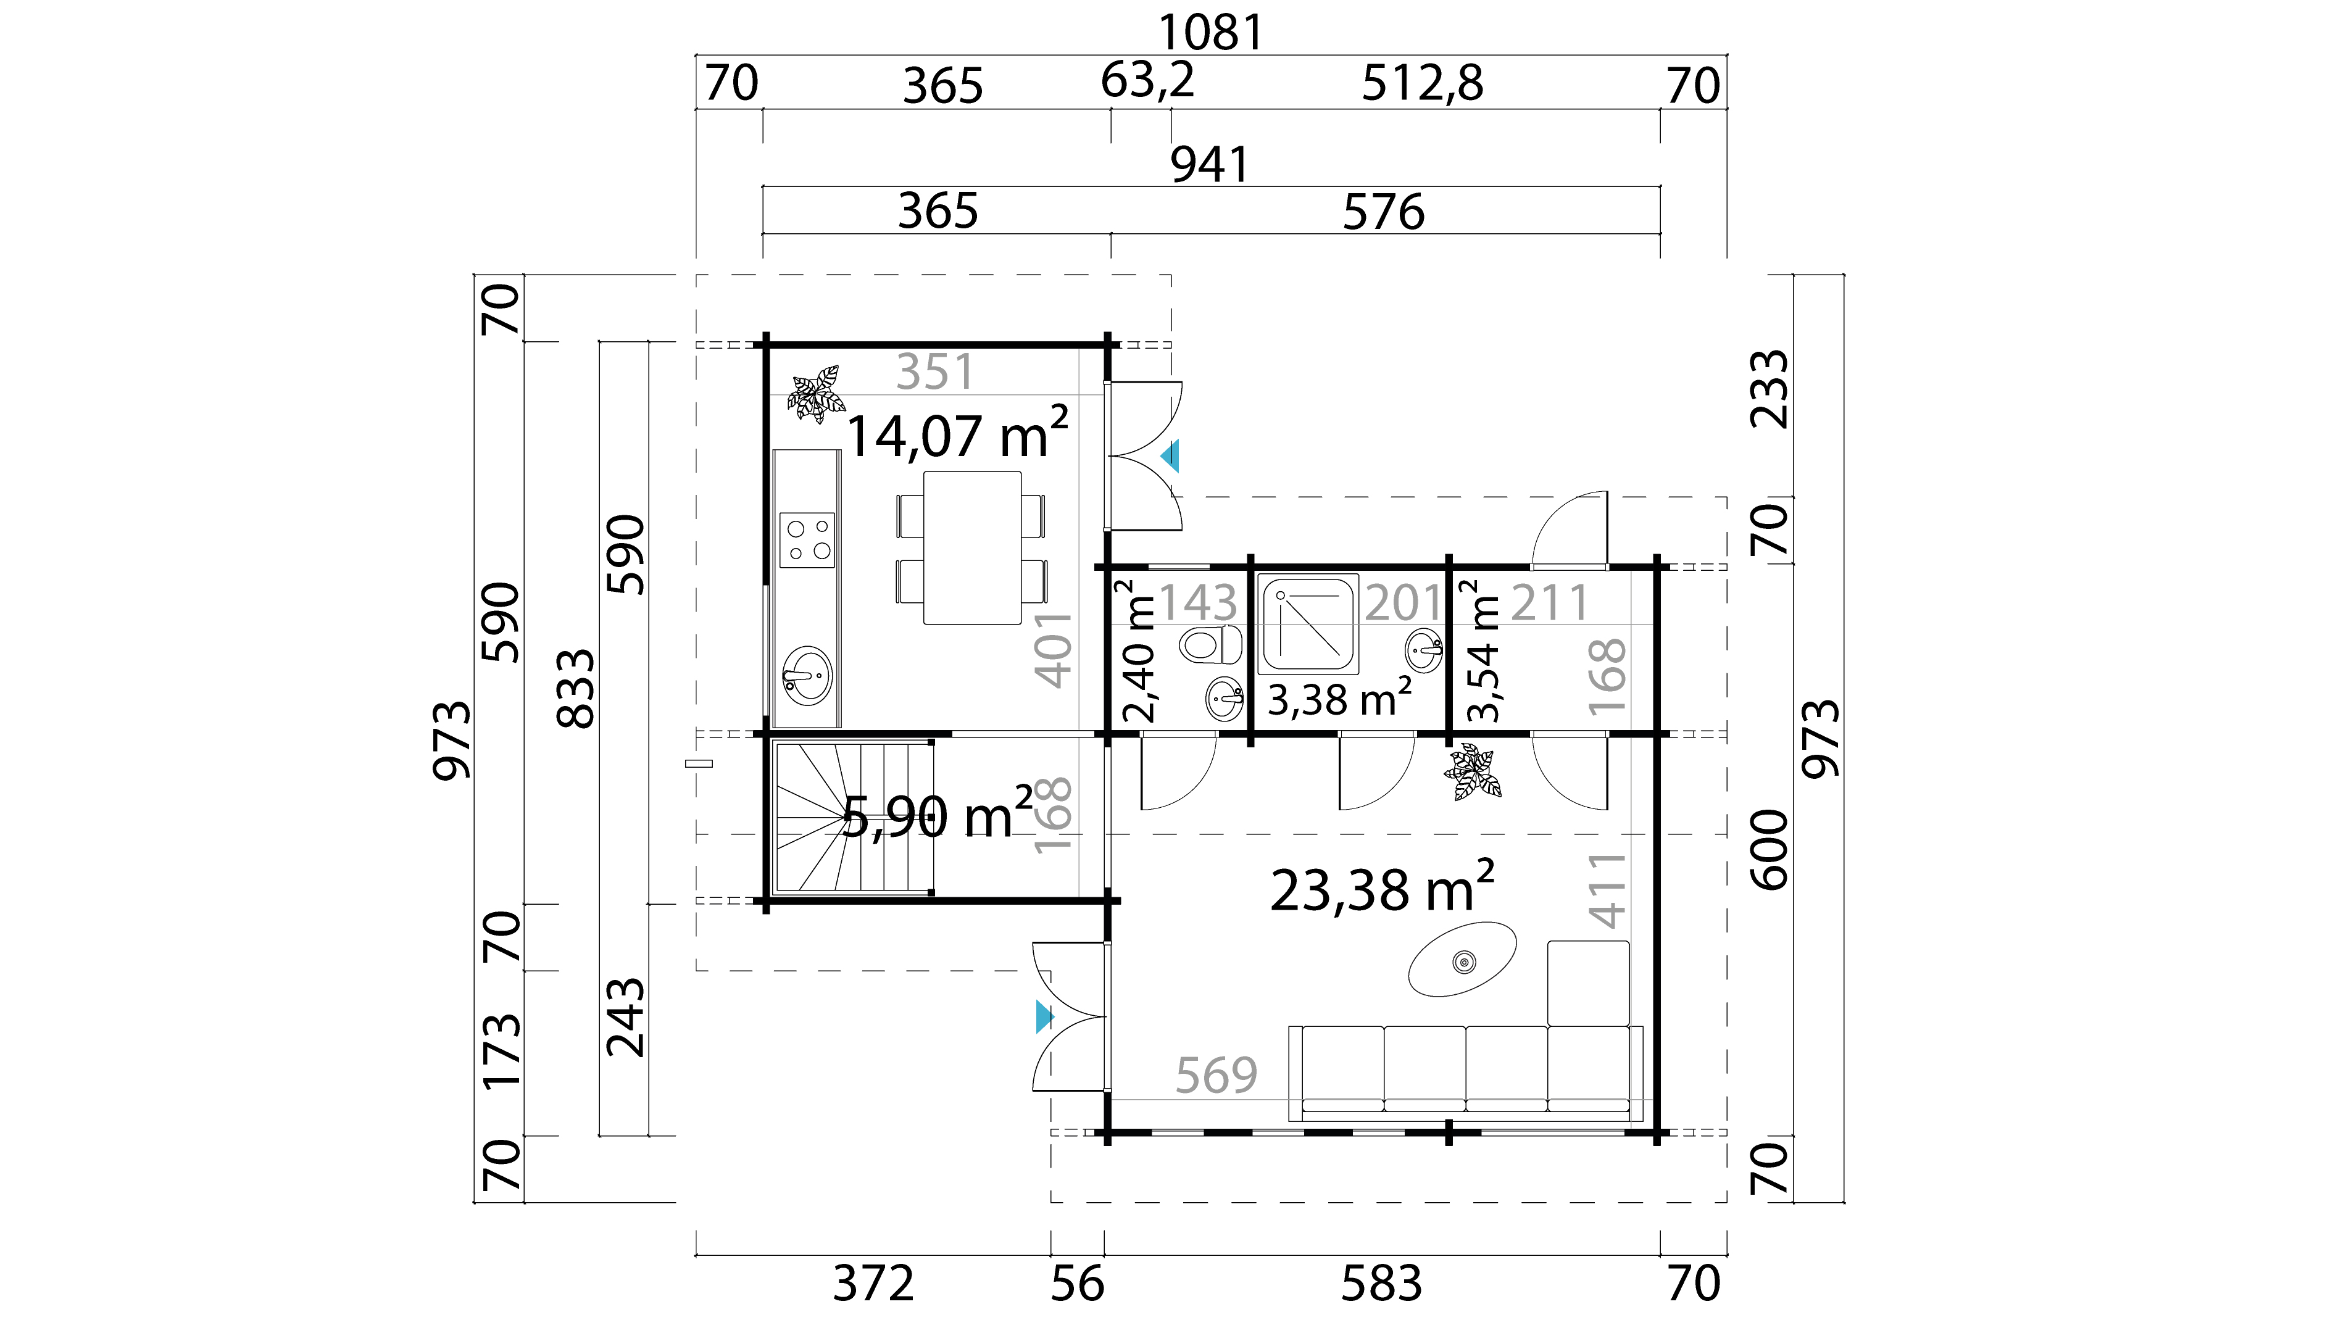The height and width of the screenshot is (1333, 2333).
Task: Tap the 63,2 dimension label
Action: tap(1147, 81)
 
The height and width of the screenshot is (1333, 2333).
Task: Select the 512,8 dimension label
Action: tap(1422, 83)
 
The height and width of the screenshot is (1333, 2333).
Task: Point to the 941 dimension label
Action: tap(1210, 165)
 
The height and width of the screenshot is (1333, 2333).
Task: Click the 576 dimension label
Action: tap(1384, 212)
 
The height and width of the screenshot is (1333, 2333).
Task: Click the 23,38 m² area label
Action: tap(1383, 888)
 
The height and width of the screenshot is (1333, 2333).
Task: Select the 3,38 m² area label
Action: tap(1339, 699)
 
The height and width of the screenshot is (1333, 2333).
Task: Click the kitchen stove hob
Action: tap(807, 540)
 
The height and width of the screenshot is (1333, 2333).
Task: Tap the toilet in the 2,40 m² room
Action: tap(1210, 644)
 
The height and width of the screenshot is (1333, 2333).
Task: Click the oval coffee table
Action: tap(1462, 958)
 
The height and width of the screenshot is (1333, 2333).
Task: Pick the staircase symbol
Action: tap(854, 816)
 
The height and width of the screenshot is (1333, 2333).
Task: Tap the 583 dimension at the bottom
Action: tap(1382, 1284)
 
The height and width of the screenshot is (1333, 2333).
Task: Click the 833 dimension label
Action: tap(576, 689)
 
